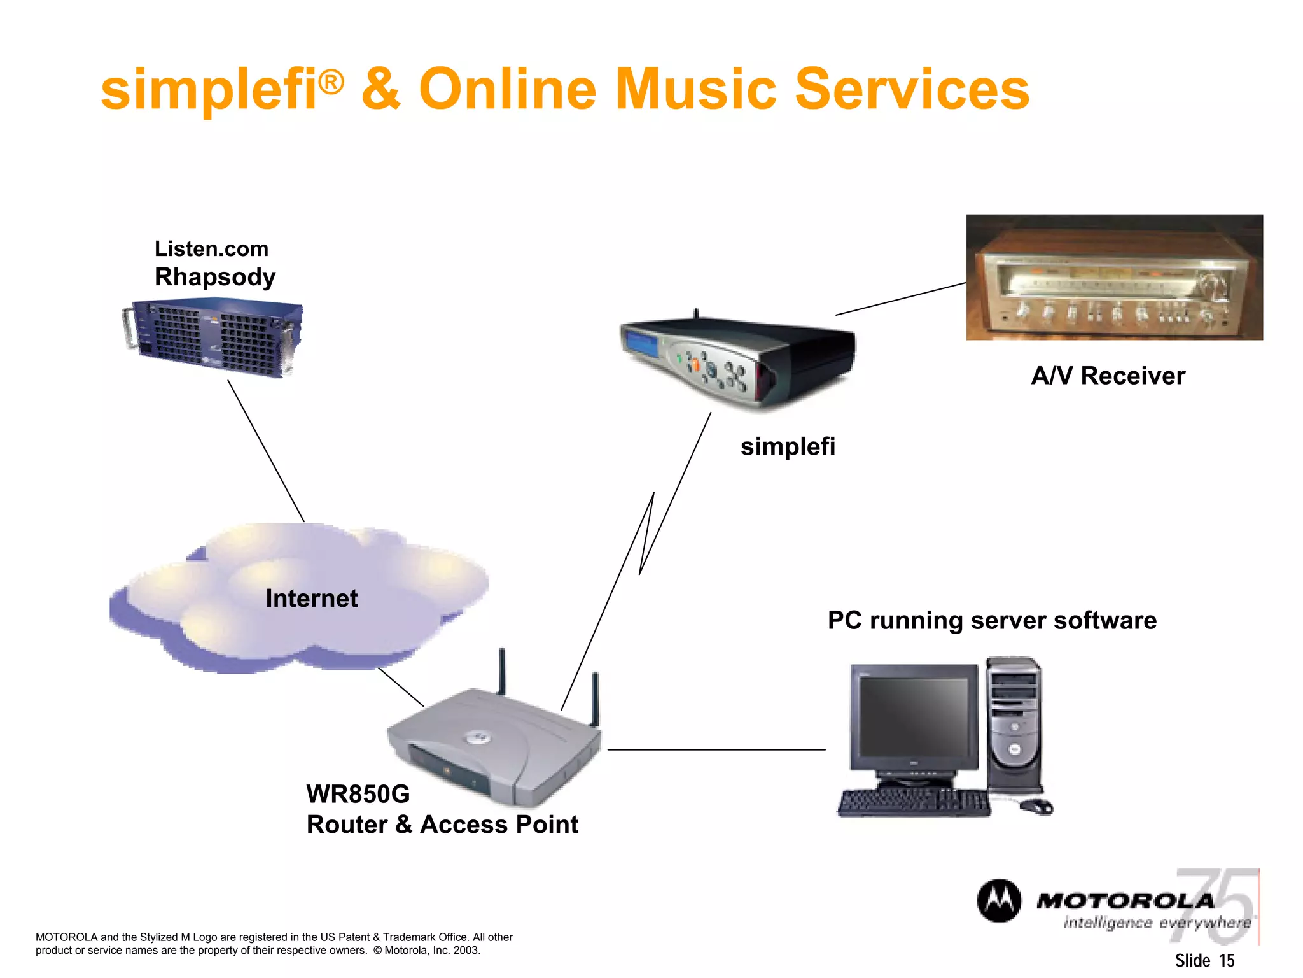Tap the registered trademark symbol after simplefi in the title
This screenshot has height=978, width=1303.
click(331, 81)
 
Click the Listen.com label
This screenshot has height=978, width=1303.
click(211, 248)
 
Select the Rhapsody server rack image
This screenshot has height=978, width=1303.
click(213, 338)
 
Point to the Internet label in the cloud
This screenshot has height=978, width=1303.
click(311, 599)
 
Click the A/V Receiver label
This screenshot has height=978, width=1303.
click(1108, 376)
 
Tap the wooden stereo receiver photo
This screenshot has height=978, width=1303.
click(1114, 277)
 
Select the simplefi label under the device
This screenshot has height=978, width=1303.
click(787, 446)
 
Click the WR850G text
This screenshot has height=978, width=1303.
click(358, 794)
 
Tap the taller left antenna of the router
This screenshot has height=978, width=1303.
click(501, 672)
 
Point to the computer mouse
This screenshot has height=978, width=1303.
click(1037, 807)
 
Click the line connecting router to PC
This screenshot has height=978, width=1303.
click(716, 749)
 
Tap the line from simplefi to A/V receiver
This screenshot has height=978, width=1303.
click(900, 299)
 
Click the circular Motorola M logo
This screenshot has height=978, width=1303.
click(999, 901)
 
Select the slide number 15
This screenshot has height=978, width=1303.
click(1226, 960)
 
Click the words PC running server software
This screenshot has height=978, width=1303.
click(991, 620)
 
